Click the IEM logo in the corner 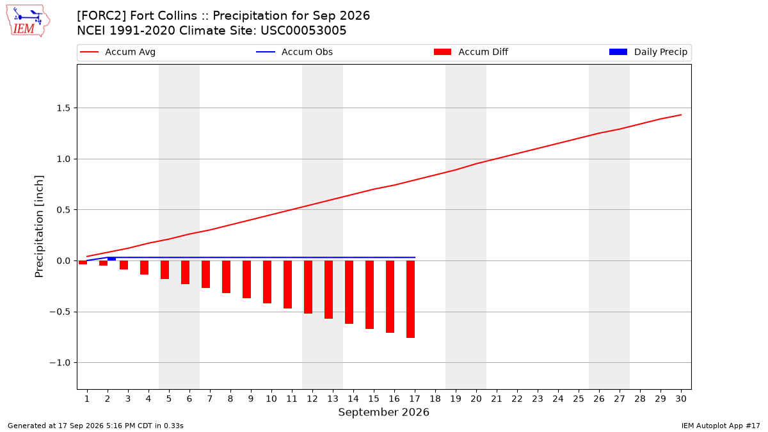pos(28,21)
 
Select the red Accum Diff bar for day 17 pos(410,299)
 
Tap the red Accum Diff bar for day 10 pos(267,282)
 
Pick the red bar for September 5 pos(165,270)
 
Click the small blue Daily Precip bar pos(112,259)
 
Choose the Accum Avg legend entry pos(118,52)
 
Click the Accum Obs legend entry pos(294,52)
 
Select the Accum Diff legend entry pos(471,52)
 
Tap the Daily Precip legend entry pos(648,52)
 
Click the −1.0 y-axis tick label pos(60,363)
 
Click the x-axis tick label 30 pos(681,399)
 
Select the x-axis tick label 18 pos(435,399)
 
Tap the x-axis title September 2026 pos(383,412)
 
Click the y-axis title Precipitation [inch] pos(39,227)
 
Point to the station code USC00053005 pos(303,31)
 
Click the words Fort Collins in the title pos(164,16)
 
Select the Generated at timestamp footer pos(95,426)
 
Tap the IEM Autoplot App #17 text pos(721,426)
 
